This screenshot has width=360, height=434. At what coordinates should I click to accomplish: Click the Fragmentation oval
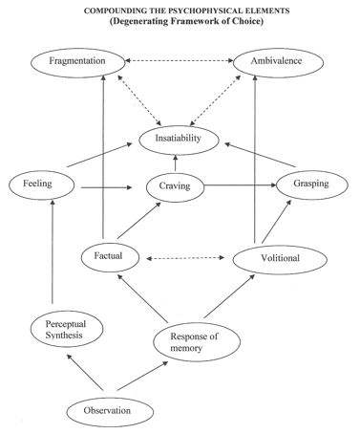pos(78,62)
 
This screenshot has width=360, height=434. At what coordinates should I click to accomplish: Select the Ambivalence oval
pos(278,62)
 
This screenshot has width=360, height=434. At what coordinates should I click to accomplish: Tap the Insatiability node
pos(179,140)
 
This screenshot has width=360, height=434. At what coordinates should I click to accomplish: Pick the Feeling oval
pos(42,184)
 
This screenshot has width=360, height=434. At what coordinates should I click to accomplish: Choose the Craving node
pos(175,187)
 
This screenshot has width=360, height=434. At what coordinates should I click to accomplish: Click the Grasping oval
pos(312,184)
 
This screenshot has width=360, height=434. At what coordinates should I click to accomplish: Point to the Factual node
pos(110,257)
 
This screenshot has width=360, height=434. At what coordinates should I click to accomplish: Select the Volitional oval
pos(280,259)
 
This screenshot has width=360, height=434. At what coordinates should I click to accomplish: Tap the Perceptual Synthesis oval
pos(67,329)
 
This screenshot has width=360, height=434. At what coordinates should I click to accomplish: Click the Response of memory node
pos(197,341)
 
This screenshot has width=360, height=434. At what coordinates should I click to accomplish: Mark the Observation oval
pos(110,411)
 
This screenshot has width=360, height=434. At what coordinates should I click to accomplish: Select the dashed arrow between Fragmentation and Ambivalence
pos(180,60)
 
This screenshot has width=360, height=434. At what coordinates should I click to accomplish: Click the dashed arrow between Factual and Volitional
pos(185,258)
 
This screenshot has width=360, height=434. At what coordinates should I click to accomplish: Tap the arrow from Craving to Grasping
pos(241,184)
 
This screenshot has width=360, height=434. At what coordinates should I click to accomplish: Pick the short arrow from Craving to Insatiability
pos(176,163)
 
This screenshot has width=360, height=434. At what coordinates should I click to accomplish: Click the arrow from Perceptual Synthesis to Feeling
pos(53,251)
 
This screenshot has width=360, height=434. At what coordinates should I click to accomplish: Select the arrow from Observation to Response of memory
pos(142,376)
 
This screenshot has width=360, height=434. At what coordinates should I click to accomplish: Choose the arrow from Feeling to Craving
pos(107,187)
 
